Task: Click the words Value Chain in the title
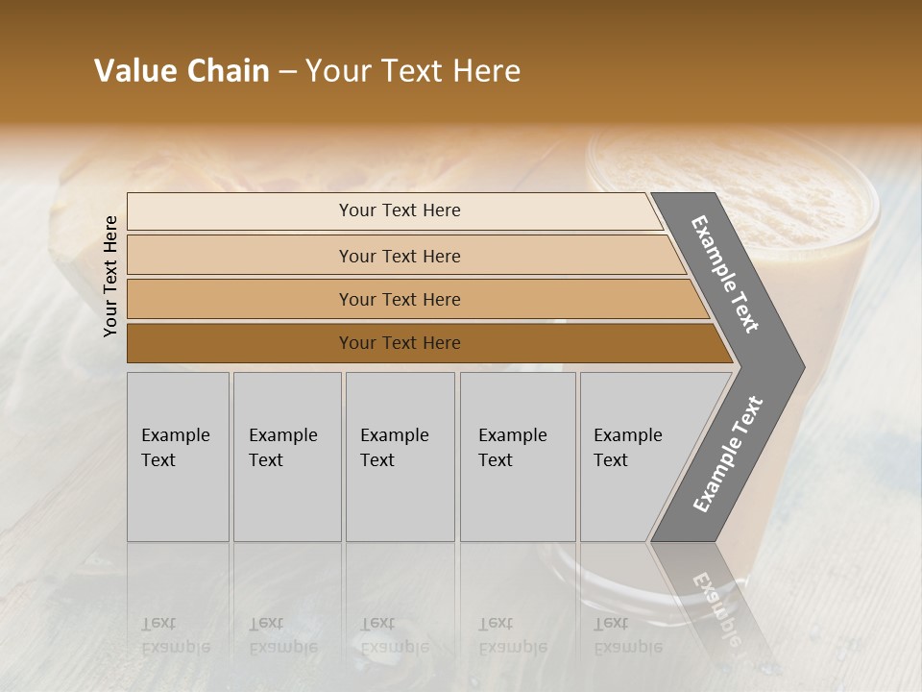click(x=182, y=71)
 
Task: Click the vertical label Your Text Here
click(x=110, y=276)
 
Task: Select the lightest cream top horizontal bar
click(x=240, y=211)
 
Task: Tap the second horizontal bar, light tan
click(x=240, y=256)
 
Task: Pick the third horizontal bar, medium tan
click(x=240, y=299)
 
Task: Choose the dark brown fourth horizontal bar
click(x=240, y=343)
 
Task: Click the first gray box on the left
click(x=178, y=500)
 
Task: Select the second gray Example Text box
click(x=287, y=500)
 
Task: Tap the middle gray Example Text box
click(x=400, y=500)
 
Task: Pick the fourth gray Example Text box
click(x=518, y=500)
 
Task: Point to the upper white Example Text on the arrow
click(x=725, y=274)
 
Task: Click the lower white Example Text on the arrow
click(x=728, y=455)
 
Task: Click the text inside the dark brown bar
click(x=400, y=343)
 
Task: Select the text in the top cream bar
click(x=400, y=210)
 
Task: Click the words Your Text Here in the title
click(x=413, y=71)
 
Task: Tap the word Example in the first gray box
click(x=175, y=435)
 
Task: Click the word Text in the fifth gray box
click(x=610, y=460)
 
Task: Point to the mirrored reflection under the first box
click(x=178, y=615)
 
